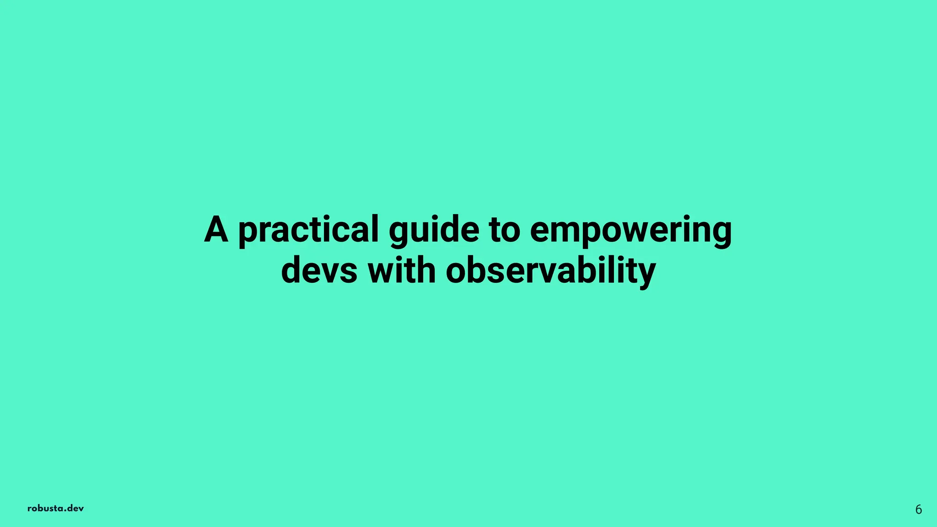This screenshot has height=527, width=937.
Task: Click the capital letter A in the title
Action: pyautogui.click(x=216, y=229)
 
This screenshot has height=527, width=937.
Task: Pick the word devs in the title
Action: pyautogui.click(x=319, y=270)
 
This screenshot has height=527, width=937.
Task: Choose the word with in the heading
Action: pyautogui.click(x=401, y=270)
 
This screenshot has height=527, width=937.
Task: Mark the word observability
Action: pyautogui.click(x=551, y=271)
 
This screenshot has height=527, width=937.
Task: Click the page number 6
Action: pyautogui.click(x=918, y=510)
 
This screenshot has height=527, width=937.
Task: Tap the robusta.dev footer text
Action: pyautogui.click(x=55, y=508)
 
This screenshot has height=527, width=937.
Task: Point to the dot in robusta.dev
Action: pyautogui.click(x=65, y=511)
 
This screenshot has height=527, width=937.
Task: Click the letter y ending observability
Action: pyautogui.click(x=646, y=274)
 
